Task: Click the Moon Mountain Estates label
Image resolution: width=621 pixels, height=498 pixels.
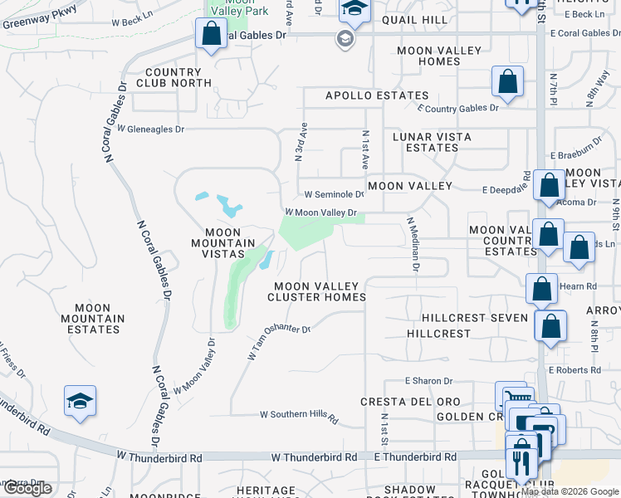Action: click(x=93, y=319)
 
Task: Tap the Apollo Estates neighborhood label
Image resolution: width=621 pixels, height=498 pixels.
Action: click(x=377, y=96)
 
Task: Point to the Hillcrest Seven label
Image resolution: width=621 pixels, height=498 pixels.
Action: click(x=475, y=318)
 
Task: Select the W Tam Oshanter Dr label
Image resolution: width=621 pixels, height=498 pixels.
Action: click(x=278, y=340)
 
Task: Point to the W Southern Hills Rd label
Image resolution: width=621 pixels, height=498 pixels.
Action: click(x=300, y=415)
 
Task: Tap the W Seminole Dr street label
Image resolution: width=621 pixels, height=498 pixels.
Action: click(x=334, y=194)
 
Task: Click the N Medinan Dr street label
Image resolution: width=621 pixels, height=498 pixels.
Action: click(x=413, y=245)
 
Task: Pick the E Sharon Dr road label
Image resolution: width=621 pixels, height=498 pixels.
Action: click(x=428, y=381)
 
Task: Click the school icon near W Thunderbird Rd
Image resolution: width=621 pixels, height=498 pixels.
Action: click(x=80, y=402)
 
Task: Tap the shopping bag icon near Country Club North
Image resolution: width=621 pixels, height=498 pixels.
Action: click(x=211, y=34)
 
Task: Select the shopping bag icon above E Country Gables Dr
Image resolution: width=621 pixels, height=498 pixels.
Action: click(x=507, y=82)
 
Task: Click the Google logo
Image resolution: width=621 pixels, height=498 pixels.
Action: click(x=27, y=488)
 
